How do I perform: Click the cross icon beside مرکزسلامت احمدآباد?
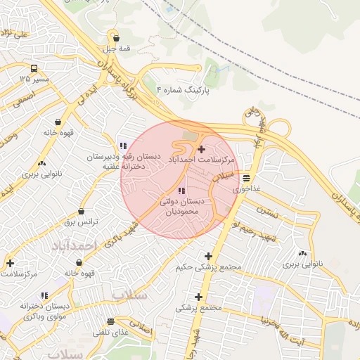click(202, 149)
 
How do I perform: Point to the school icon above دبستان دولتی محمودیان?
click(181, 191)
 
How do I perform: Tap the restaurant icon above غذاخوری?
click(245, 179)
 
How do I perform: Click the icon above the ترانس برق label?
click(81, 211)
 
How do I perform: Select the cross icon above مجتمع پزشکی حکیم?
click(207, 256)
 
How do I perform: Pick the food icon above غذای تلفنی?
click(110, 321)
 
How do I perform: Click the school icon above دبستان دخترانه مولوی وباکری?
click(44, 296)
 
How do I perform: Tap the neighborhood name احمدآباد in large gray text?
click(72, 245)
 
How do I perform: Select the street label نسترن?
click(267, 209)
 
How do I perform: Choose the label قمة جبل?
click(116, 49)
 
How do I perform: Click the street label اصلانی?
click(141, 328)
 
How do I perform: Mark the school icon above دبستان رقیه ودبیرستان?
click(123, 146)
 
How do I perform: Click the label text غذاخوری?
click(247, 190)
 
